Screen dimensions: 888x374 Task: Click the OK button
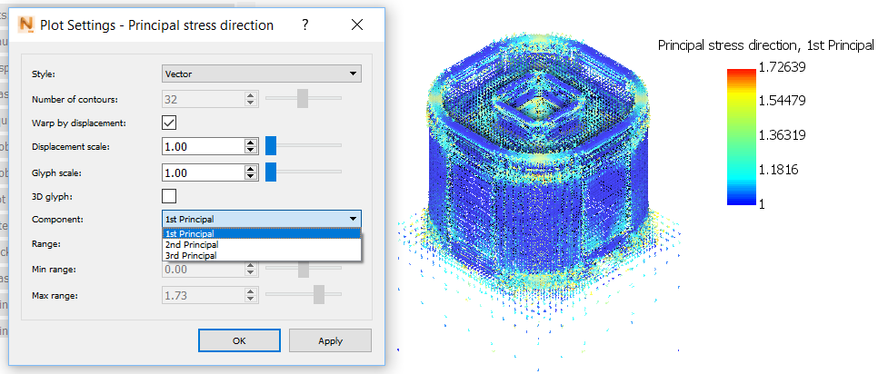[x=239, y=340]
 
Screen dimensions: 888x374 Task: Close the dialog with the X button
[x=357, y=25]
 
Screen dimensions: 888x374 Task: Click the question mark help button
[x=304, y=25]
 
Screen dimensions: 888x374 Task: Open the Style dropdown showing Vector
[x=262, y=74]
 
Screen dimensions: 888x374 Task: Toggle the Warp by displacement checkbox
[x=169, y=123]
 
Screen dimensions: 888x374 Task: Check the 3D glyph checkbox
[x=169, y=196]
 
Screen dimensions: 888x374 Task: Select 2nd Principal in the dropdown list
[x=192, y=245]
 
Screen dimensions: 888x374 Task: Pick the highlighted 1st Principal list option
[x=189, y=234]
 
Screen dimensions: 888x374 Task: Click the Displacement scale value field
[x=203, y=146]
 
